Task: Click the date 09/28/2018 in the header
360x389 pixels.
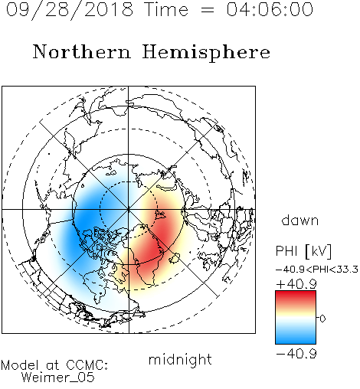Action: [70, 9]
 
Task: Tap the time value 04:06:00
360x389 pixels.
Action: [270, 9]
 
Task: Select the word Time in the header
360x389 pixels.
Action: [166, 9]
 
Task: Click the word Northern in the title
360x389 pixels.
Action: [82, 51]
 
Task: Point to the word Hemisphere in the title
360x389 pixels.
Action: [206, 53]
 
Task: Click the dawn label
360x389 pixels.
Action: [300, 220]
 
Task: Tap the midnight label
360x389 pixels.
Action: [180, 360]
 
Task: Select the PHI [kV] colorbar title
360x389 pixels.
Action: [303, 251]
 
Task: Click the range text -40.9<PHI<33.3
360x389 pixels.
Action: [317, 270]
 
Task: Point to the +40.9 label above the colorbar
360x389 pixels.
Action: [296, 284]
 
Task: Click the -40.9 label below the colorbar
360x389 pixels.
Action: [296, 354]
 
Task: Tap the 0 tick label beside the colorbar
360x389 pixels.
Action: [322, 319]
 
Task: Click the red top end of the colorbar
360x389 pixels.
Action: [296, 293]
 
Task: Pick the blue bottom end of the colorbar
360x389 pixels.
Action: [296, 341]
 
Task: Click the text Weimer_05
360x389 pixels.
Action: [58, 377]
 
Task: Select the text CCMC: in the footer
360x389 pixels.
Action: [87, 365]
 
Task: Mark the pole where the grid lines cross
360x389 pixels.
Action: [129, 209]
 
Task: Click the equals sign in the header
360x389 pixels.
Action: [208, 10]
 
